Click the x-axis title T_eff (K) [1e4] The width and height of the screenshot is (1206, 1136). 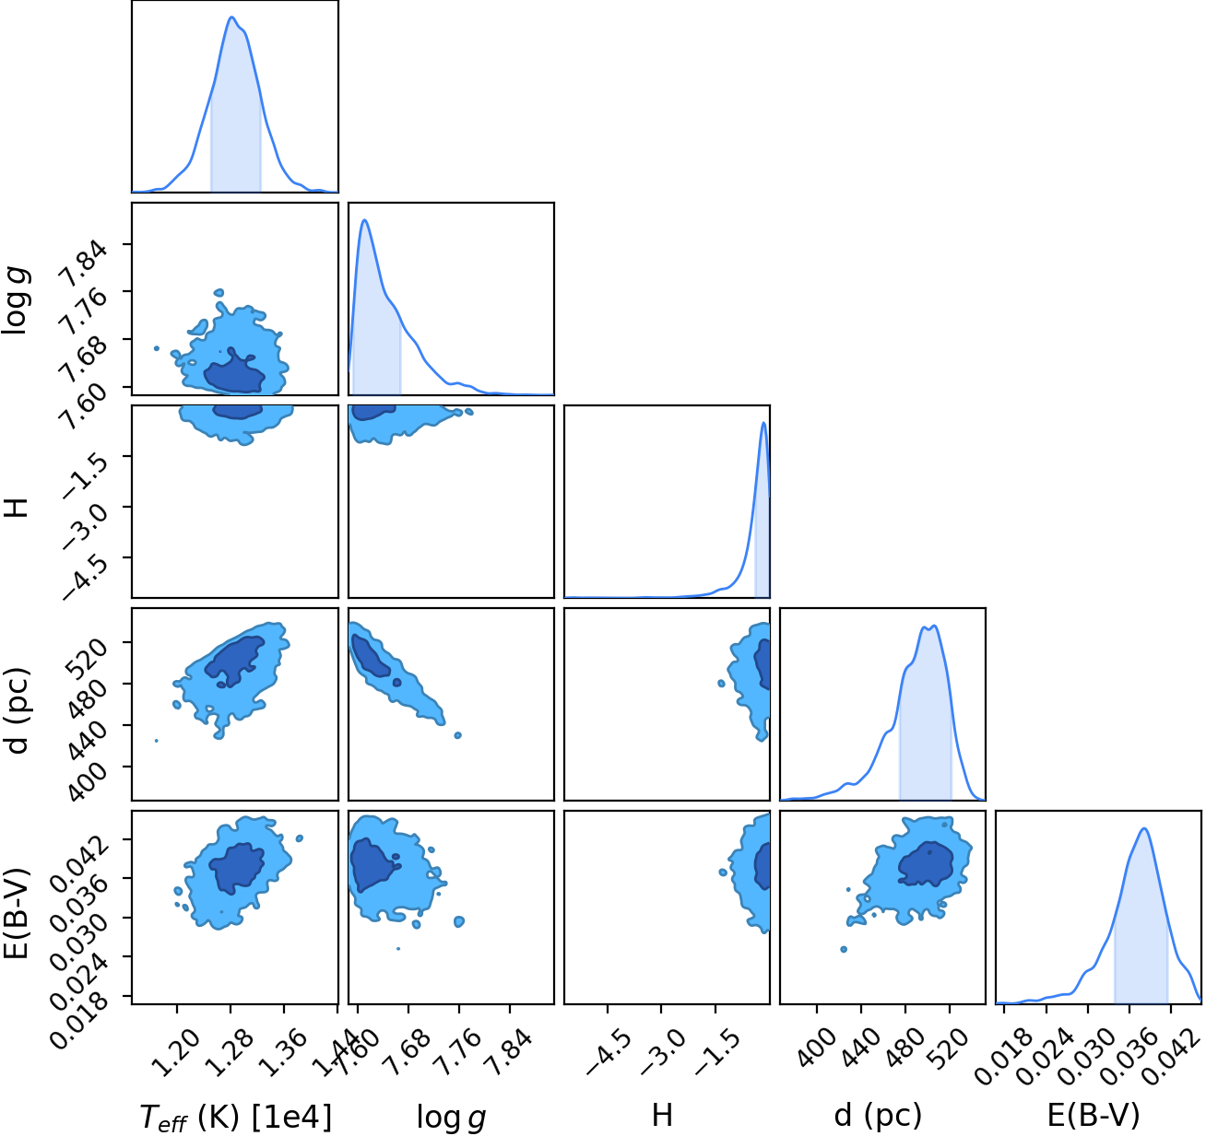(x=236, y=1118)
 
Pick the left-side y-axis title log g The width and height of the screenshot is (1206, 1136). (x=16, y=300)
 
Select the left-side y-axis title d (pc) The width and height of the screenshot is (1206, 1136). (x=16, y=710)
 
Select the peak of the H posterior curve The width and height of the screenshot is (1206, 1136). (x=764, y=423)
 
